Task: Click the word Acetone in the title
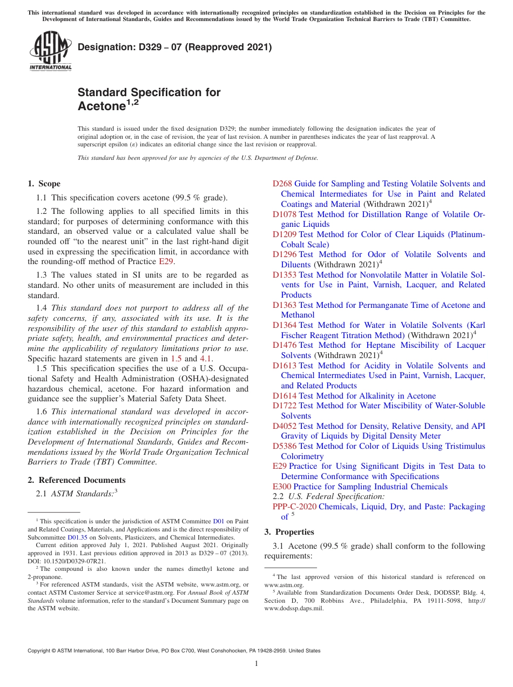coord(102,106)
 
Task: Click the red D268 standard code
coord(282,184)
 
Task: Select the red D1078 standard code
coord(285,214)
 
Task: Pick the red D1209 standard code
coord(285,234)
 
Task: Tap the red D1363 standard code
coord(285,305)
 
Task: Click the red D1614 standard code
coord(285,396)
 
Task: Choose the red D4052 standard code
coord(285,426)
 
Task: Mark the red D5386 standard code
coord(285,446)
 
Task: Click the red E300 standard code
coord(282,487)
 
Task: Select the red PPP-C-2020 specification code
coord(294,507)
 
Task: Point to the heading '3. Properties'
coord(289,532)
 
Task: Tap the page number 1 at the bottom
coord(256,663)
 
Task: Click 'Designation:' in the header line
coord(103,48)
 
